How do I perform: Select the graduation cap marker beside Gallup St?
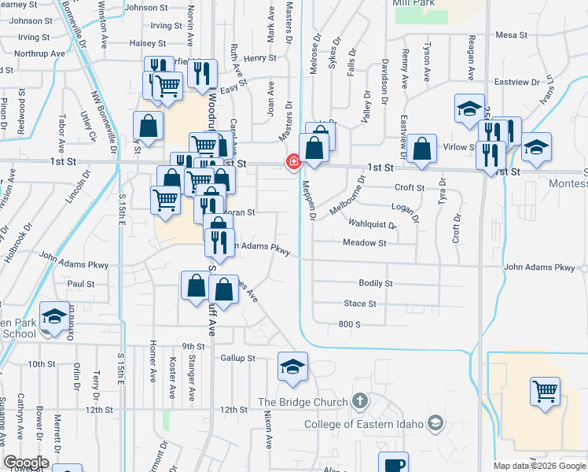pos(292,366)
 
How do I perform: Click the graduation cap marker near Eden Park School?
pos(53,317)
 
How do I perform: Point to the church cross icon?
pos(359,402)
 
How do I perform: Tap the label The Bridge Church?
pos(303,403)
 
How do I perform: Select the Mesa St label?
pos(511,35)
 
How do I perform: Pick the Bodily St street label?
pos(375,283)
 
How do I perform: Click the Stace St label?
pos(360,304)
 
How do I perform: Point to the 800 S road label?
pos(349,324)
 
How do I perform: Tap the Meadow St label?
pos(364,243)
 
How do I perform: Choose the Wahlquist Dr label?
pos(373,225)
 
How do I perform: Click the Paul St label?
pos(81,284)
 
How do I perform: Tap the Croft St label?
pos(410,188)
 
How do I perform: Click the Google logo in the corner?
pos(26,463)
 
